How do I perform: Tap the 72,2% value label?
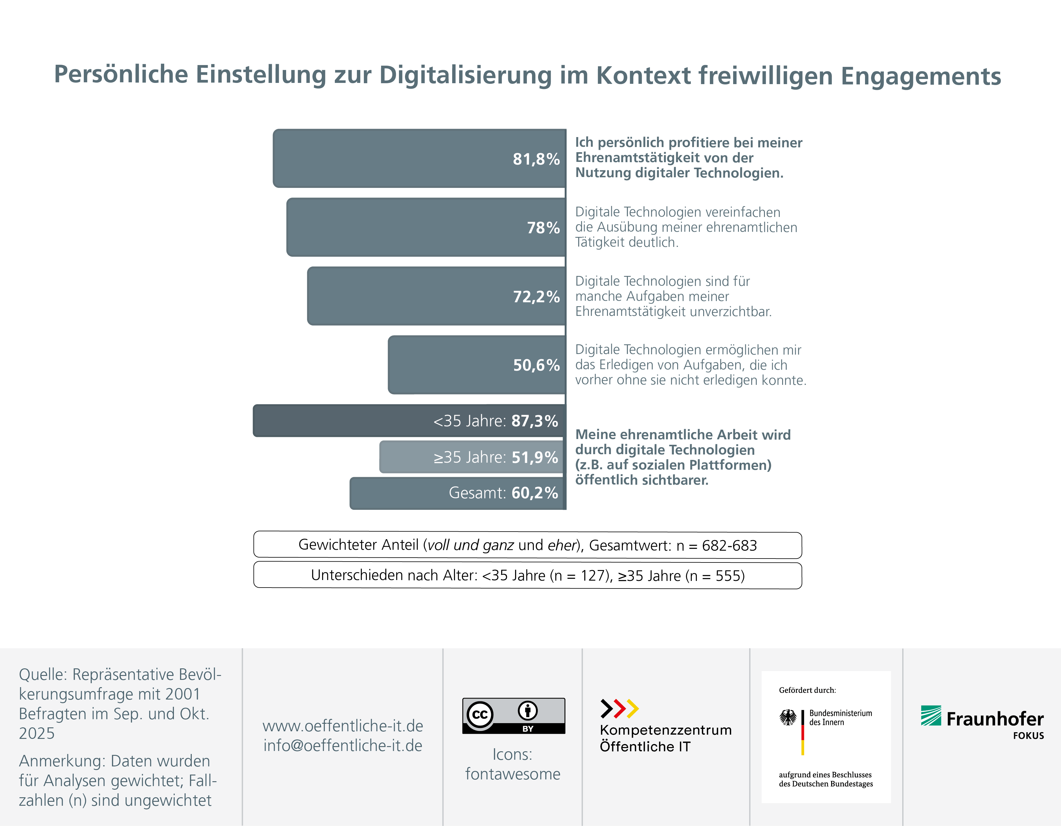click(x=536, y=297)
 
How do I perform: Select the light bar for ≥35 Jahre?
click(x=471, y=457)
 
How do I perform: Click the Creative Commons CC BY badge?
click(x=514, y=716)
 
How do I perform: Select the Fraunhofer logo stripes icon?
click(x=931, y=716)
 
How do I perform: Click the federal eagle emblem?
click(x=788, y=717)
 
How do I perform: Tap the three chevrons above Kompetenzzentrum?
click(x=619, y=708)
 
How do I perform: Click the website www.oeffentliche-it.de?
click(x=342, y=726)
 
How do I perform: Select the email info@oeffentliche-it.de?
click(x=342, y=745)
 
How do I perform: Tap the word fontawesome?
click(x=513, y=774)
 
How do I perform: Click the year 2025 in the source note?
click(x=36, y=733)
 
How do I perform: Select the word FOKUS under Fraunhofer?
click(x=1028, y=736)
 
